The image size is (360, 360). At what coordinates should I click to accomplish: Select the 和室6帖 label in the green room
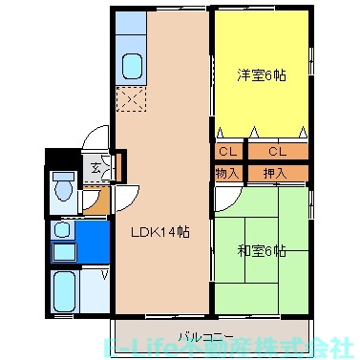[262, 251]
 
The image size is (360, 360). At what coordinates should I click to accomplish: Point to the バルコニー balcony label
[203, 335]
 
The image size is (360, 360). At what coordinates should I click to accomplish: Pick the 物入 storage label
[228, 173]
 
